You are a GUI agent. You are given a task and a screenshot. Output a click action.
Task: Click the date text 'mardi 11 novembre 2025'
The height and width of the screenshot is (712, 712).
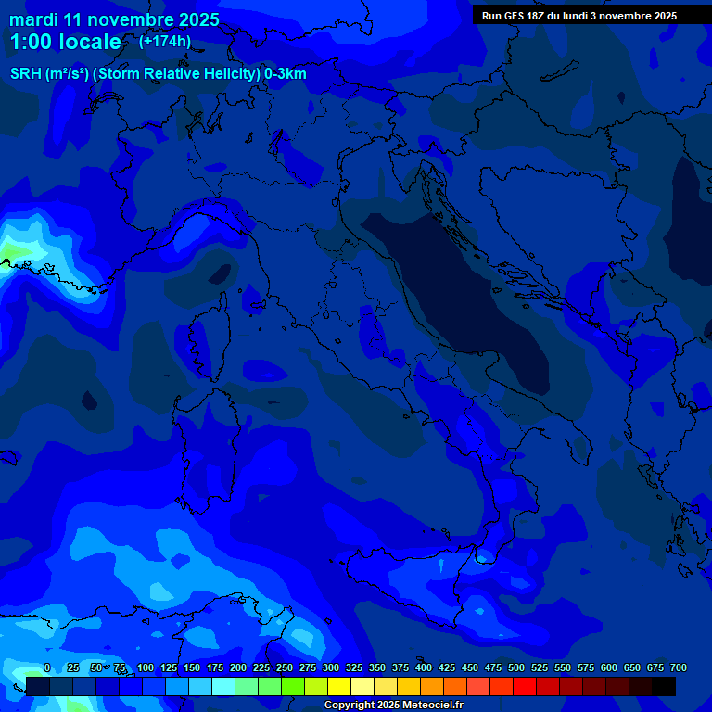click(x=114, y=19)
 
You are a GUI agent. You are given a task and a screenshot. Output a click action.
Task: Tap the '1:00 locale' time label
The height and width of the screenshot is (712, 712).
click(x=65, y=42)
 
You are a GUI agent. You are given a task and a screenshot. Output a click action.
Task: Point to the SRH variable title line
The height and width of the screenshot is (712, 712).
click(x=159, y=74)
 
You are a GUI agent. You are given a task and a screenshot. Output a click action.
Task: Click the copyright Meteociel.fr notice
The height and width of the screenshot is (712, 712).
click(x=393, y=706)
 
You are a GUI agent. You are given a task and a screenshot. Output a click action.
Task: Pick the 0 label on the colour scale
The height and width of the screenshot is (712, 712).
click(x=47, y=667)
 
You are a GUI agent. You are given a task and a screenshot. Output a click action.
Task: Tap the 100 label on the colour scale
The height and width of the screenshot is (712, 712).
click(x=146, y=667)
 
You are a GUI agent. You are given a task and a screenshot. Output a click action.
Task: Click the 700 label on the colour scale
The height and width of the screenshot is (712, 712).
click(x=679, y=667)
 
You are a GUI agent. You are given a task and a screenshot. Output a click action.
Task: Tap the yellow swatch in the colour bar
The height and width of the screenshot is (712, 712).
click(x=339, y=687)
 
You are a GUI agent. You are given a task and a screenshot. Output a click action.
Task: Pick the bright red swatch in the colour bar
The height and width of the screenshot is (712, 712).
click(x=525, y=687)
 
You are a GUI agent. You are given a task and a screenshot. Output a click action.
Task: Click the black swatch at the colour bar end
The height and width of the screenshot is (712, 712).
click(x=664, y=687)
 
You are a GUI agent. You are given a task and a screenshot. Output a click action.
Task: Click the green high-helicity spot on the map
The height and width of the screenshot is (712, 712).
click(x=11, y=251)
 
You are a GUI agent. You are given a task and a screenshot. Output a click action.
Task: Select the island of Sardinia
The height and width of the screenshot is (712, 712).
click(x=209, y=445)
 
